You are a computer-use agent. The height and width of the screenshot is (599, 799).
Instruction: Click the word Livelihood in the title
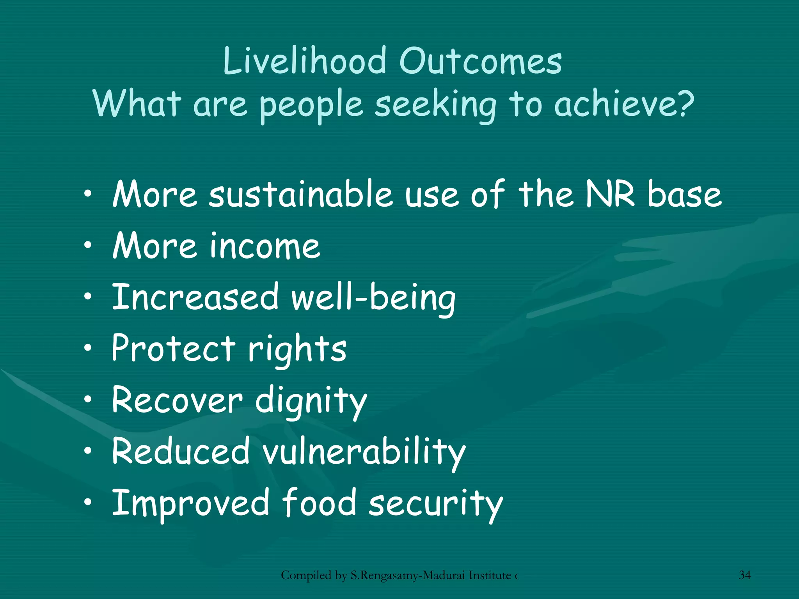coord(304,61)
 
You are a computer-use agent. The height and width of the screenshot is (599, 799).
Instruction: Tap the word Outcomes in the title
coord(481,61)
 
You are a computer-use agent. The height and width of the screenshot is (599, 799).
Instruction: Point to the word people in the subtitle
coord(311,106)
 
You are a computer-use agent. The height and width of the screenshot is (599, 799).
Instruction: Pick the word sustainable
coord(301,194)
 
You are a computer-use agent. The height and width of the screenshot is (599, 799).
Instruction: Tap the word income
coord(265,246)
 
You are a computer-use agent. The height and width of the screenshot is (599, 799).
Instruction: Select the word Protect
coord(174,348)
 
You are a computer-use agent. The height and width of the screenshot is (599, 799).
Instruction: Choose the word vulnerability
coord(364,452)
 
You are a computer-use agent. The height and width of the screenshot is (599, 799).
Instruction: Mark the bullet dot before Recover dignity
coord(89,399)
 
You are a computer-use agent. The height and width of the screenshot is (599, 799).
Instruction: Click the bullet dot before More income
coord(89,245)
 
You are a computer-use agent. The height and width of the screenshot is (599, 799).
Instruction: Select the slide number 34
coord(744,575)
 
